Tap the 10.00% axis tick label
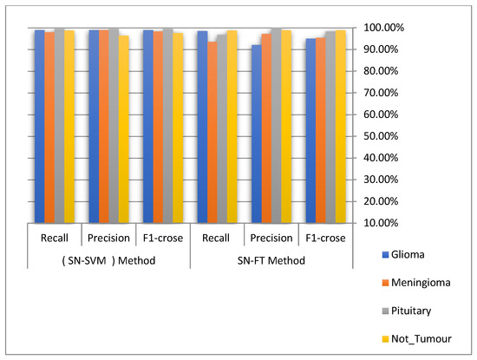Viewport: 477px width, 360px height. point(386,223)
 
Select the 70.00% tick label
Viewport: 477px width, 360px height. point(386,93)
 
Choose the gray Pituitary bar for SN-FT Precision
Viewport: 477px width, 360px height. point(277,126)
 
